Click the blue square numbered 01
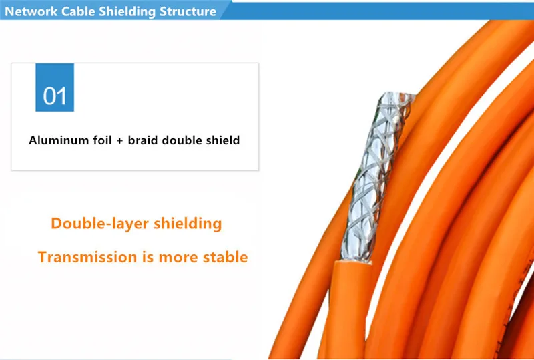pyautogui.click(x=55, y=87)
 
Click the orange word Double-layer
pyautogui.click(x=93, y=224)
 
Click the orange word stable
pyautogui.click(x=224, y=257)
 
